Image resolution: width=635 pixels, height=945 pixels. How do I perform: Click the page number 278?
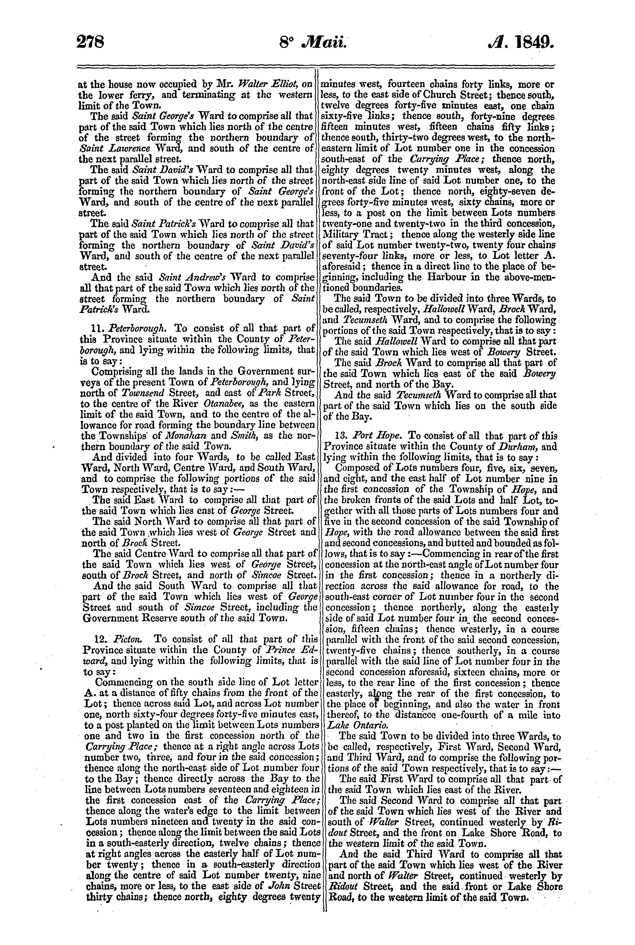tap(91, 41)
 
